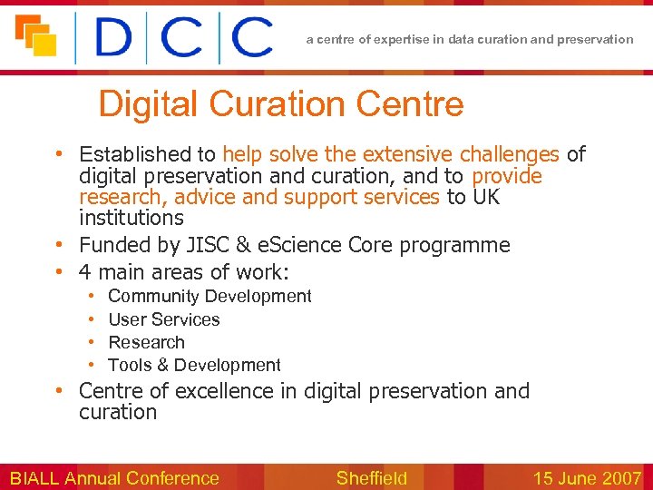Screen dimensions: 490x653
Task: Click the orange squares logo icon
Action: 36,35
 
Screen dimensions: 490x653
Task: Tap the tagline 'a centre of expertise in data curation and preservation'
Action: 470,39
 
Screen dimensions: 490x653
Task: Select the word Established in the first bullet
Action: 134,155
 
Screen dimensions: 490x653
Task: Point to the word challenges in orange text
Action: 507,155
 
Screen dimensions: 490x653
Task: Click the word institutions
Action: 132,218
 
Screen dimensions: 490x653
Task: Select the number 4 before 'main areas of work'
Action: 85,271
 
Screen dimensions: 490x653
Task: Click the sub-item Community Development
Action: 210,297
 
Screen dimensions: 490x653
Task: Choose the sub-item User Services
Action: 164,319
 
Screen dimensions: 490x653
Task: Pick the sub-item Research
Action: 146,342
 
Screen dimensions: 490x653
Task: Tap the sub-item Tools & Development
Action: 194,365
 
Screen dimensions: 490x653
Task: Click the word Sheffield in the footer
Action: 372,478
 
